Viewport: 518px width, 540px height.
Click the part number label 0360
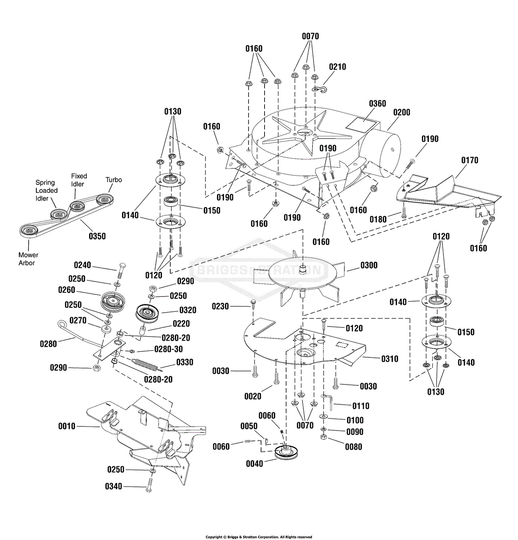(377, 104)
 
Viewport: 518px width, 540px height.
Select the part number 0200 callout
(401, 112)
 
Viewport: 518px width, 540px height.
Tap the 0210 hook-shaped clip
(320, 89)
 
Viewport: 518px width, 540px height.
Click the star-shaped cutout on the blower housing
(305, 134)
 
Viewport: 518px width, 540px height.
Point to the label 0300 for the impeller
(369, 265)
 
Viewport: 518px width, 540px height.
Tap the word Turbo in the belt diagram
(114, 180)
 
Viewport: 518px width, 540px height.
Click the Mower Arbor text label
(28, 259)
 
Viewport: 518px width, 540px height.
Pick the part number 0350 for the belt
(97, 236)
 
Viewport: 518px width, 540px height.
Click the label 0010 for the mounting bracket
(67, 426)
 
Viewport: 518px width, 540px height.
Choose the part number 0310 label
(390, 359)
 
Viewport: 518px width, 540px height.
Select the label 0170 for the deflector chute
(470, 160)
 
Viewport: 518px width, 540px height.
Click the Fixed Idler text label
(79, 180)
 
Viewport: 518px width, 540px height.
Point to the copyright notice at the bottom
(258, 537)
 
